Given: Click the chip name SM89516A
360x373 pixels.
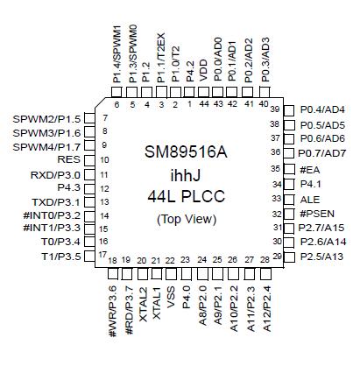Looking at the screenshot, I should (x=184, y=152).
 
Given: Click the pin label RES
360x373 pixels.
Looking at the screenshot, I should (x=68, y=160).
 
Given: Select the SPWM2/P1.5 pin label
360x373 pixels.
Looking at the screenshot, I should (x=47, y=118).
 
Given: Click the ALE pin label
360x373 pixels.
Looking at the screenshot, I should (x=310, y=199).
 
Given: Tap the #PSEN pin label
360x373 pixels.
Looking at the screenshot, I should (x=315, y=213).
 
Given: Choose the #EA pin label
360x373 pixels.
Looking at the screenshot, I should (x=309, y=169).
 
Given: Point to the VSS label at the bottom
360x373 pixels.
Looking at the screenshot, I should (x=171, y=298).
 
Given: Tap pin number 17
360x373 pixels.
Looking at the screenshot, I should (x=102, y=254).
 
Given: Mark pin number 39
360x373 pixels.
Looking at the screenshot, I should (x=274, y=109).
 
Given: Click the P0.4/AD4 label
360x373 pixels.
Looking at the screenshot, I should (x=322, y=109).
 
